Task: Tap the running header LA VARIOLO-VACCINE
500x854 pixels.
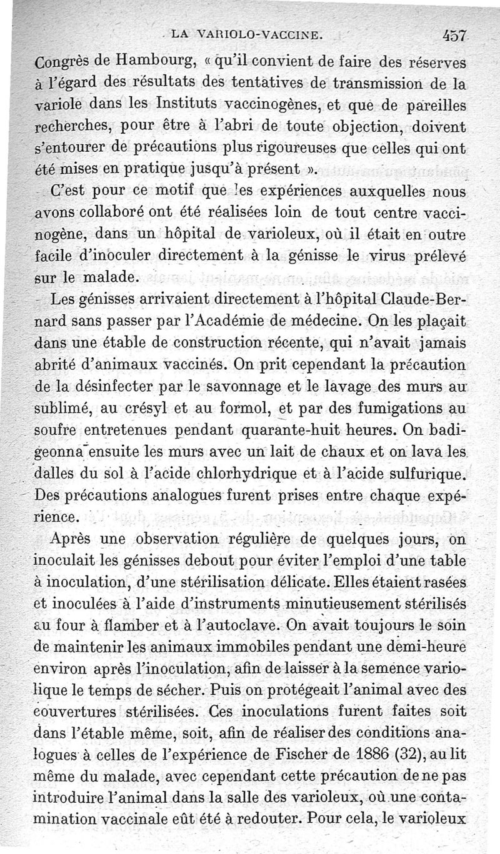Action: point(246,37)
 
